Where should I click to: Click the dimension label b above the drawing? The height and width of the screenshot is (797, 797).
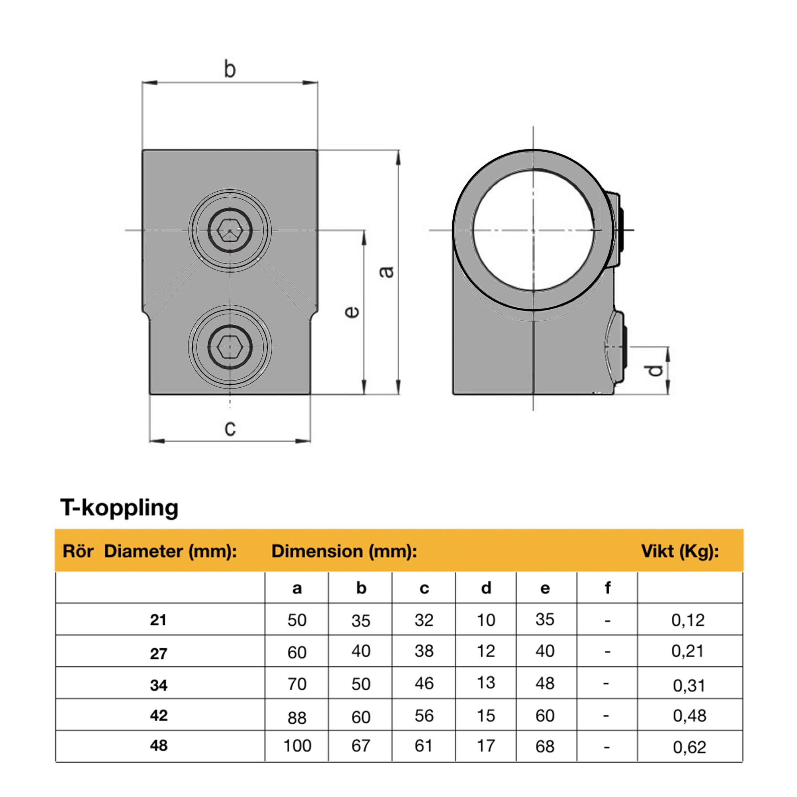point(230,69)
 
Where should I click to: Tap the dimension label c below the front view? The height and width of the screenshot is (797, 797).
point(230,428)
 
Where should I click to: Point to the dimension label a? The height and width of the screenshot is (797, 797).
point(387,272)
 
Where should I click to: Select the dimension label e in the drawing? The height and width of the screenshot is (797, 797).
point(351,312)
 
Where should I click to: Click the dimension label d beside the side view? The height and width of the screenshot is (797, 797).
point(655,370)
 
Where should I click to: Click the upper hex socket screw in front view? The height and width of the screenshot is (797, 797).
point(230,230)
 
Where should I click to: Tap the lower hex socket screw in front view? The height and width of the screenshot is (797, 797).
point(230,347)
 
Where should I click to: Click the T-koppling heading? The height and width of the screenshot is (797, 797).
point(120,507)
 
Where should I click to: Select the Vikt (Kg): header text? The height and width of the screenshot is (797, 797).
point(680,551)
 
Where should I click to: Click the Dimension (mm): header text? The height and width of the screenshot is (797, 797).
point(344,551)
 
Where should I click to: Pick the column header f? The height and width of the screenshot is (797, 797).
point(607,588)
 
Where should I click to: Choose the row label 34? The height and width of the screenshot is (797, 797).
point(159,685)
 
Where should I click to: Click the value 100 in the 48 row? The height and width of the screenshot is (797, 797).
point(297,746)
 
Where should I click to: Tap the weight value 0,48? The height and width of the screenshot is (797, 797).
point(690,716)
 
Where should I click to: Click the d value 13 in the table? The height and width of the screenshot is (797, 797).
point(486,683)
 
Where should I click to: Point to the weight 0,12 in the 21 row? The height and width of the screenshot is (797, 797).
point(688,620)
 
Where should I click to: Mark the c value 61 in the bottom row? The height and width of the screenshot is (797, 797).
point(424,746)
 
